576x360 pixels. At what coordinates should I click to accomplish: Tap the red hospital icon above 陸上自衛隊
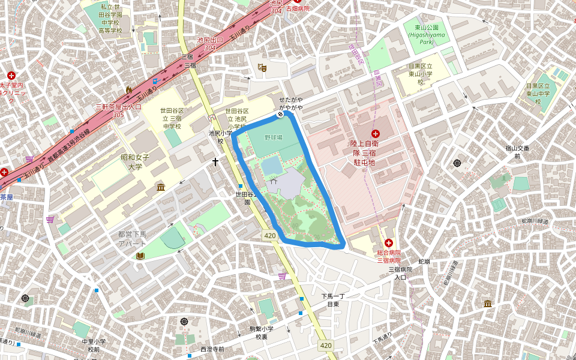coord(376,133)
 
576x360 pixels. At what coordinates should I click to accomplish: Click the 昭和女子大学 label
coord(135,161)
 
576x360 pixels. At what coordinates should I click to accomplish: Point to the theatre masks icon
coord(261,68)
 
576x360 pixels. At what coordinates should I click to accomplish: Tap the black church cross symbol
coord(215,162)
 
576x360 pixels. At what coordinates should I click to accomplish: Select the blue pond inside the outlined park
coord(271,164)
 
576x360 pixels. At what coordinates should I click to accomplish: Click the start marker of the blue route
coord(280,114)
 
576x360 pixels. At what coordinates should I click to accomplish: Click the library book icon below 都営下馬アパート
coord(140,256)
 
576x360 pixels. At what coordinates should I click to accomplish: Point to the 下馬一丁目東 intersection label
coord(334,300)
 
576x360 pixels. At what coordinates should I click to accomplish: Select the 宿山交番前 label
coord(517,152)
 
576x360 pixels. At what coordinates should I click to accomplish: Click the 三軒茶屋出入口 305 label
coord(118,110)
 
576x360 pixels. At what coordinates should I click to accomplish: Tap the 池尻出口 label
coord(210,43)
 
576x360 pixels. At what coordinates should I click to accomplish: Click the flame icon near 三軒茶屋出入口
coord(128,89)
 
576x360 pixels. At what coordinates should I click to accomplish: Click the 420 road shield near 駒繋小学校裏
coord(326,346)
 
